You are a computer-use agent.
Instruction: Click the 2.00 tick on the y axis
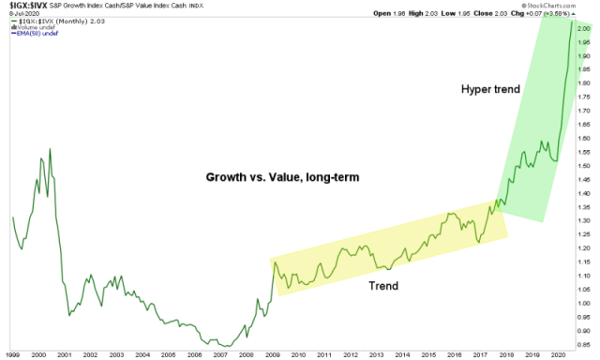click(584, 28)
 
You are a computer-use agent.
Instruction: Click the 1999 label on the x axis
click(12, 354)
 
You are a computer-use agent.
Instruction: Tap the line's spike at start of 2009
click(275, 262)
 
